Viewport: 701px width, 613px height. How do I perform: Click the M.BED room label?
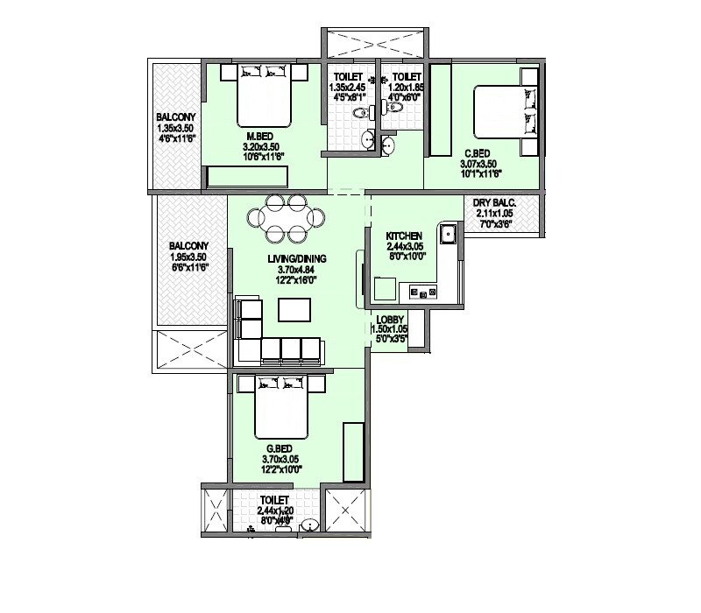pyautogui.click(x=258, y=136)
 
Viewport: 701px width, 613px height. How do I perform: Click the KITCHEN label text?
pyautogui.click(x=405, y=236)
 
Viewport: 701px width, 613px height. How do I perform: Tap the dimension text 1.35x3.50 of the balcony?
pyautogui.click(x=176, y=127)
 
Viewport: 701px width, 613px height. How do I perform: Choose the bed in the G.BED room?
pyautogui.click(x=280, y=406)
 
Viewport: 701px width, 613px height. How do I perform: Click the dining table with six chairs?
pyautogui.click(x=285, y=217)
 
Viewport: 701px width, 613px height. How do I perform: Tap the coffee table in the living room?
pyautogui.click(x=294, y=310)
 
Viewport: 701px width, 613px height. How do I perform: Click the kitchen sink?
pyautogui.click(x=447, y=234)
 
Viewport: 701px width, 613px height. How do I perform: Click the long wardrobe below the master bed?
pyautogui.click(x=247, y=177)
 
